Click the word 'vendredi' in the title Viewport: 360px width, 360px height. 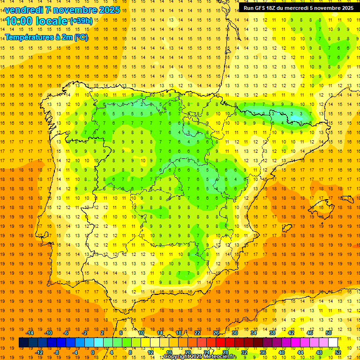coord(23,10)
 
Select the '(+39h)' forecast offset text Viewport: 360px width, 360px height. coord(81,21)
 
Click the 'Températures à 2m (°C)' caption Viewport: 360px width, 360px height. coord(46,37)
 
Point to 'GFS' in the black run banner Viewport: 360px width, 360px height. coord(262,8)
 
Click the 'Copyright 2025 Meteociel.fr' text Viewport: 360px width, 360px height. coord(200,357)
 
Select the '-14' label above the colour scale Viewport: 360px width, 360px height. coord(30,332)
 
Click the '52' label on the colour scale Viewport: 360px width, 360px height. coord(337,352)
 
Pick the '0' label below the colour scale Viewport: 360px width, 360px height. coord(93,352)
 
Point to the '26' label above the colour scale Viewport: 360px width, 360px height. coord(216,332)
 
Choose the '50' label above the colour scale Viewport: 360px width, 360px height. coord(328,332)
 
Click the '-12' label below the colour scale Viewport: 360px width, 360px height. coord(39,352)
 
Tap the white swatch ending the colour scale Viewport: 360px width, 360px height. coord(333,343)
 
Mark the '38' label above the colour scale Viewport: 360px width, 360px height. coord(272,332)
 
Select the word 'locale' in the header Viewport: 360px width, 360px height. coord(52,21)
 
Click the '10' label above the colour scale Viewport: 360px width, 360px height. coord(141,332)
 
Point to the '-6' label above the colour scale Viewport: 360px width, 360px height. coord(66,332)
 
